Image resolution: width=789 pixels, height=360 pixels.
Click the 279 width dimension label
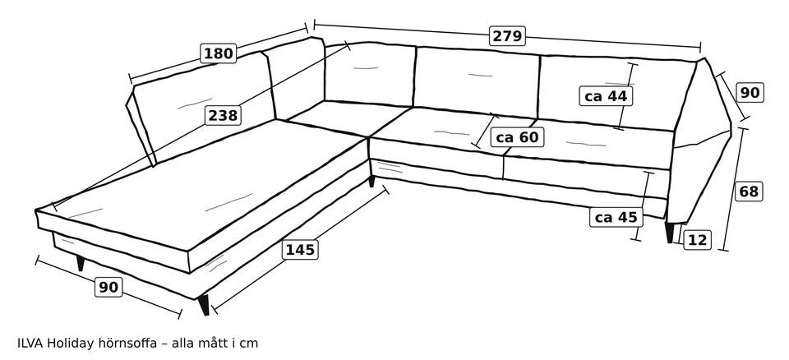507,36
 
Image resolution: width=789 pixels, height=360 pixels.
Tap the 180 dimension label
219,53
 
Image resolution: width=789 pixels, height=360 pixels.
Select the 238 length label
223,116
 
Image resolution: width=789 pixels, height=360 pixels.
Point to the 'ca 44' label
606,95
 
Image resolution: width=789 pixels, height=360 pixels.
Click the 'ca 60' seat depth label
517,137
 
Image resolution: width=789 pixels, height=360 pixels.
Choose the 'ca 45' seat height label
616,217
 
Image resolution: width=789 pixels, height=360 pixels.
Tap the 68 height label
749,192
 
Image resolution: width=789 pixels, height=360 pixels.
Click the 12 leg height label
698,240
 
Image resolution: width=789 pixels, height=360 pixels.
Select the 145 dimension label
301,250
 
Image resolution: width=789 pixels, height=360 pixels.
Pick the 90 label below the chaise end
108,287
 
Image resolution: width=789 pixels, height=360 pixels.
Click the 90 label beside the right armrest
750,93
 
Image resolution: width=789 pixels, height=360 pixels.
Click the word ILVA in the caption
30,344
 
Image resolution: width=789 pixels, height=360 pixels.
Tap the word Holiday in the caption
71,344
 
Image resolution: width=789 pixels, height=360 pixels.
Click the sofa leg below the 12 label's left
670,232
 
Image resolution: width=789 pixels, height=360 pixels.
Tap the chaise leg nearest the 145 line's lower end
203,305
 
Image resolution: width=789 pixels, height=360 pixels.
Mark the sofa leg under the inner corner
371,181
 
